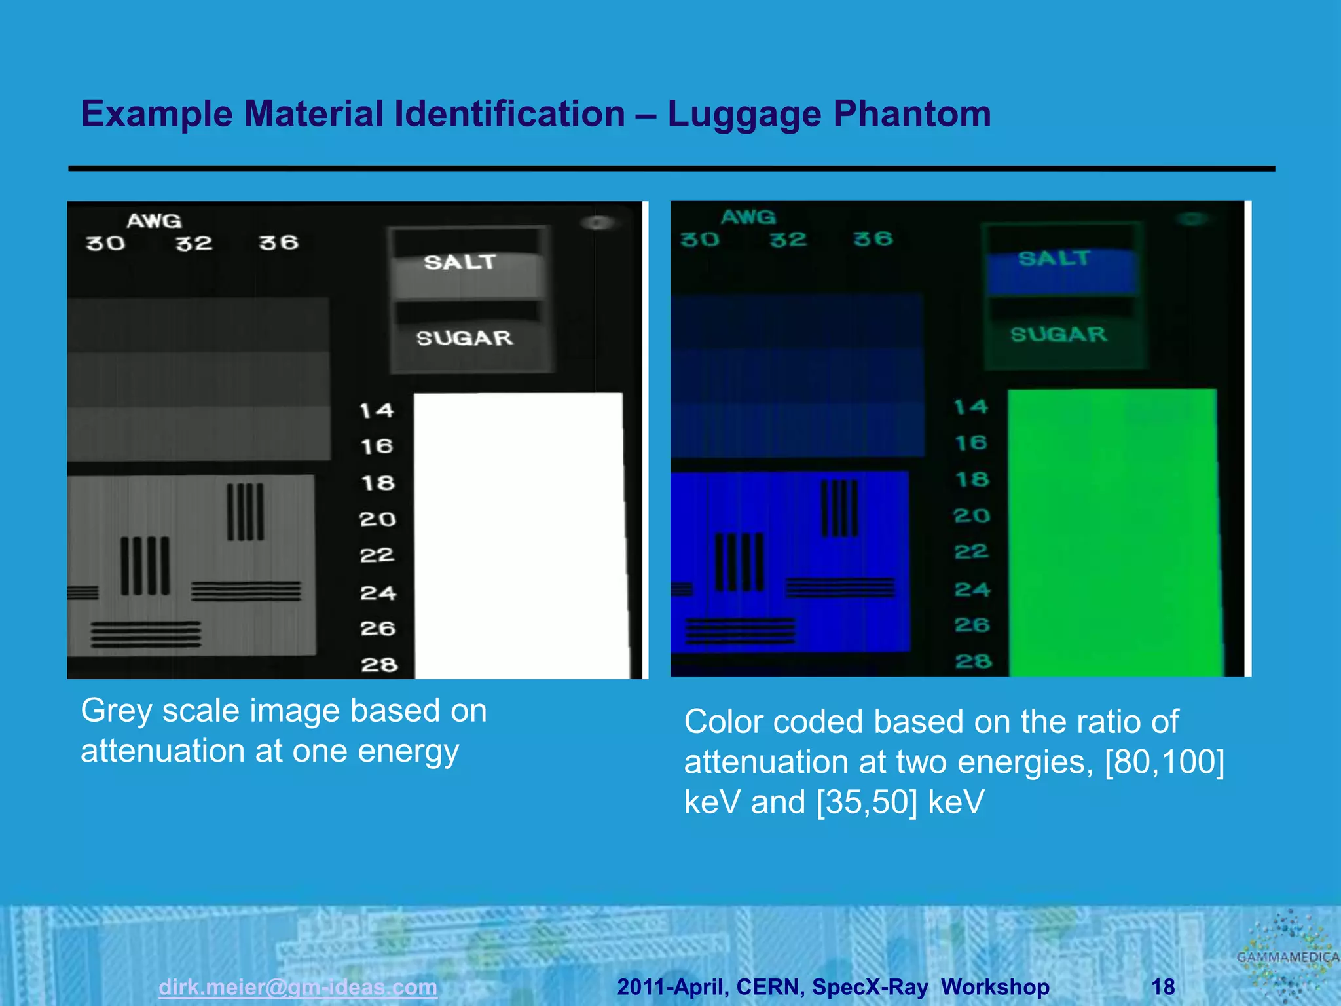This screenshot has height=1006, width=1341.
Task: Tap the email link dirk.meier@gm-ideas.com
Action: click(x=298, y=986)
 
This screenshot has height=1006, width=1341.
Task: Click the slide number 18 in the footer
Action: click(x=1163, y=986)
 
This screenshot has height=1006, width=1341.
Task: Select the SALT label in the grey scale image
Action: click(x=460, y=262)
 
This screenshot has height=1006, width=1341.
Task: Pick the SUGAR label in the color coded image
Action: click(x=1059, y=335)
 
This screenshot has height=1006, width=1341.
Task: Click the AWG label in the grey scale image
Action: click(x=155, y=221)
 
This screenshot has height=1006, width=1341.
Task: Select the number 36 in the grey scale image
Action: click(x=279, y=243)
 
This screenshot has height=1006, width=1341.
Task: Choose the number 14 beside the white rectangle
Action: click(x=377, y=411)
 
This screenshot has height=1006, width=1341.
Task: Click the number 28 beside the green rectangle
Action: click(x=973, y=661)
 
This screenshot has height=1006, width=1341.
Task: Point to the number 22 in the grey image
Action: click(x=377, y=555)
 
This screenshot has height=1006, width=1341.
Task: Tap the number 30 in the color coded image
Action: click(x=699, y=240)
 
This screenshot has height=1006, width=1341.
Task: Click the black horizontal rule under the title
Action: click(x=671, y=169)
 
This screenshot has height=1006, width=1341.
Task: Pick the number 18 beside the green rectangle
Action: click(x=972, y=479)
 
